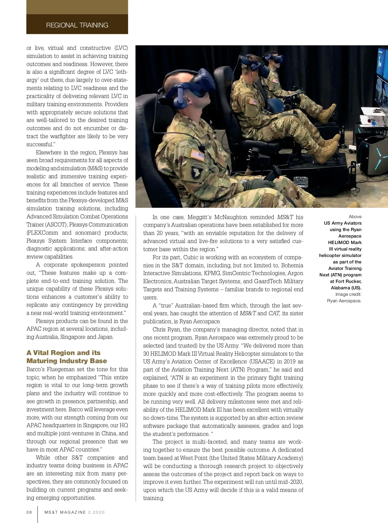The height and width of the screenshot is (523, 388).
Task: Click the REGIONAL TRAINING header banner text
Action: [x=77, y=25]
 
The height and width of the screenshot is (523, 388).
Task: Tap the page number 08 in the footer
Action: [x=29, y=512]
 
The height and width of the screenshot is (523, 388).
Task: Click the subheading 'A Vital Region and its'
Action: [x=63, y=353]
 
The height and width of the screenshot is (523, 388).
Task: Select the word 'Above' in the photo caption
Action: [x=355, y=217]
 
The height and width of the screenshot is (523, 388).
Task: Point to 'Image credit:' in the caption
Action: [x=348, y=294]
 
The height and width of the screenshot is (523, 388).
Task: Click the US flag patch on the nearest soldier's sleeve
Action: [x=197, y=155]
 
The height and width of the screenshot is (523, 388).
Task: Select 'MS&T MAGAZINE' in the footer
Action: [x=65, y=512]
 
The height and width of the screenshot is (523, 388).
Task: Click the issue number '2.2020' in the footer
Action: [x=96, y=512]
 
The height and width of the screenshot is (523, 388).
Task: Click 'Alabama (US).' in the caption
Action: [x=346, y=288]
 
